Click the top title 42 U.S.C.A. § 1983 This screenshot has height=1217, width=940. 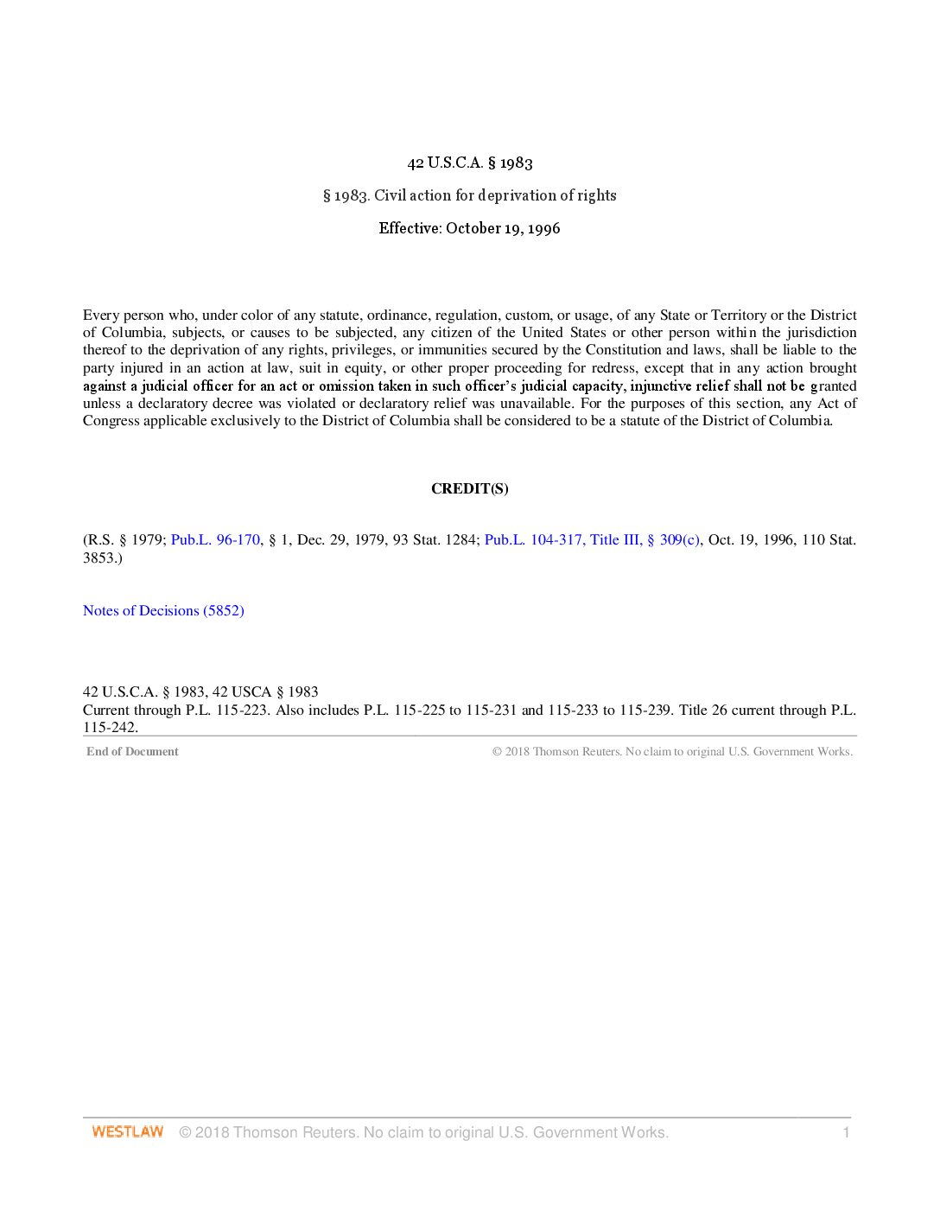pyautogui.click(x=470, y=162)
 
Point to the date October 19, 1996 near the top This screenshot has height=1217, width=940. pyautogui.click(x=503, y=228)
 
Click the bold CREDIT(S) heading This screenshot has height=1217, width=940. pyautogui.click(x=470, y=488)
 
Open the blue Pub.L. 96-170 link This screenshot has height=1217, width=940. pyautogui.click(x=215, y=539)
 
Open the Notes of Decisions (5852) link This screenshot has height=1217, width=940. pyautogui.click(x=163, y=610)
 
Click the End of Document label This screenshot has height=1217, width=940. pyautogui.click(x=132, y=751)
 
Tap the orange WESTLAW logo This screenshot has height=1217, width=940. pyautogui.click(x=128, y=1132)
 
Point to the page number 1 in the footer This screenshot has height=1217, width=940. pyautogui.click(x=846, y=1132)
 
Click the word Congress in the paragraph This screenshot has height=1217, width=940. pyautogui.click(x=111, y=421)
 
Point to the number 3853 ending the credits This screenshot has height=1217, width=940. pyautogui.click(x=99, y=558)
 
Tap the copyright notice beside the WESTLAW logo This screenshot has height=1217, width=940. pyautogui.click(x=423, y=1132)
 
